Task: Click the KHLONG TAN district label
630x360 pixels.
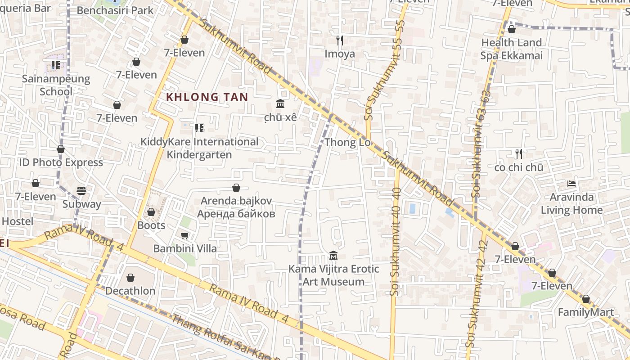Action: tap(207, 97)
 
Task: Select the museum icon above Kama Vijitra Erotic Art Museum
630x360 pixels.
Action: tap(333, 256)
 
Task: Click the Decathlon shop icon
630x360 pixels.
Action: tap(130, 278)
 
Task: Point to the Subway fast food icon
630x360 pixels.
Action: tap(81, 190)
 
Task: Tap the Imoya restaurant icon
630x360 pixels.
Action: tap(340, 40)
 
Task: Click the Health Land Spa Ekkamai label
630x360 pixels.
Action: tap(511, 49)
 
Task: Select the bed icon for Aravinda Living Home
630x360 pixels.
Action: tap(571, 184)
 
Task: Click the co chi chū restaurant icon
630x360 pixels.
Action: tap(519, 154)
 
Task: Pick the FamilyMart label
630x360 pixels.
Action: tap(585, 312)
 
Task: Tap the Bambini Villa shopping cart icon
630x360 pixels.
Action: tap(184, 235)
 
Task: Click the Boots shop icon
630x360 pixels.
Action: tap(151, 212)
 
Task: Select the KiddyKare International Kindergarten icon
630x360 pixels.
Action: tap(199, 128)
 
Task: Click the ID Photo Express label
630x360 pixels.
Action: tap(61, 162)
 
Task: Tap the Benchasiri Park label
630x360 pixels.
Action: tap(115, 10)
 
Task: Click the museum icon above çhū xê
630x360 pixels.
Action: tap(280, 104)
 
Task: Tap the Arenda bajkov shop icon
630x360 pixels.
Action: tap(236, 188)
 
